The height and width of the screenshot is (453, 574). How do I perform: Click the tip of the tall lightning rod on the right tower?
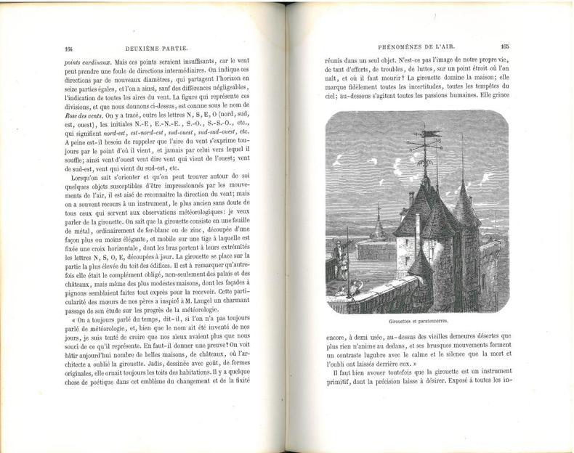click(x=462, y=136)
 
